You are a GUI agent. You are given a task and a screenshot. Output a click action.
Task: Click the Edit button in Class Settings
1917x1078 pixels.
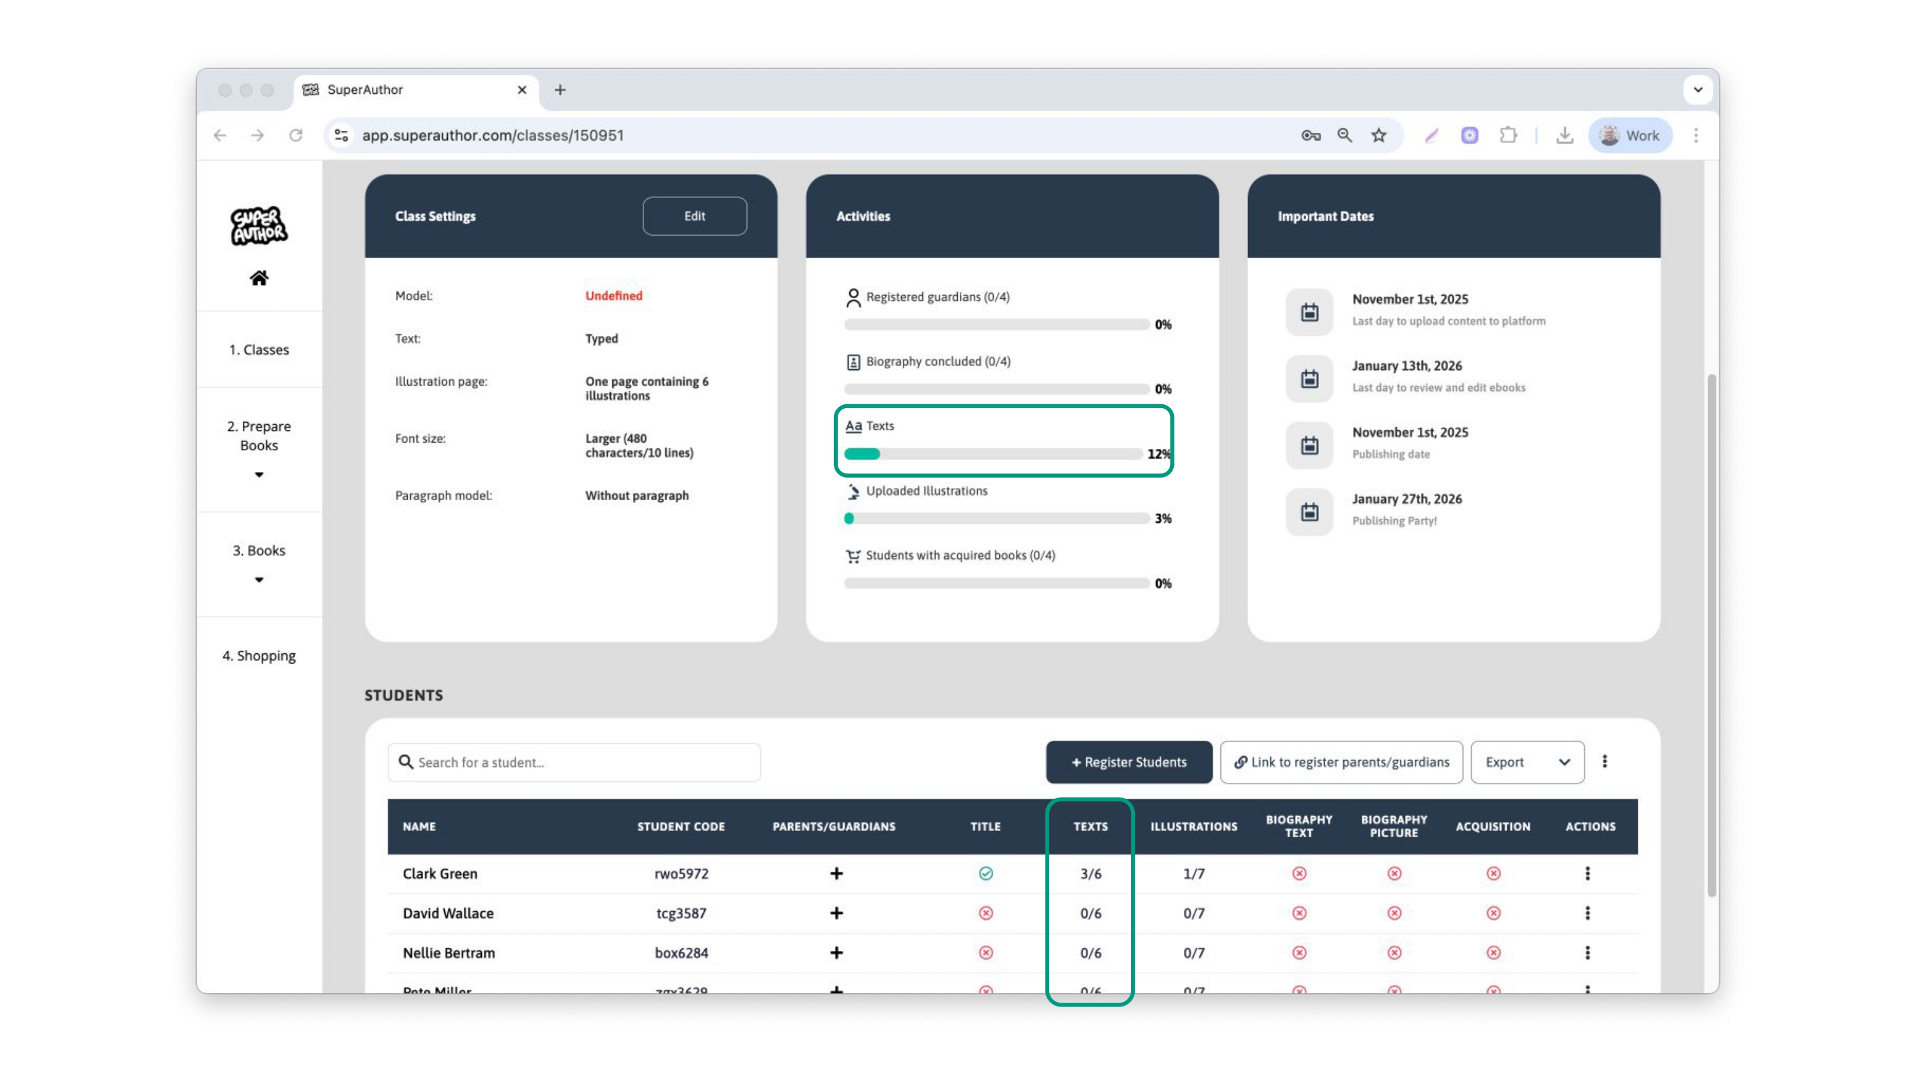695,216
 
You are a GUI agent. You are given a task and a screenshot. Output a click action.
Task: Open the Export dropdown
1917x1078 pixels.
1527,762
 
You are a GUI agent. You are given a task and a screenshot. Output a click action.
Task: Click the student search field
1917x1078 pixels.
574,762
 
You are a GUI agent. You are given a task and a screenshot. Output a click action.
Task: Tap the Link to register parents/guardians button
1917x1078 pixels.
1341,762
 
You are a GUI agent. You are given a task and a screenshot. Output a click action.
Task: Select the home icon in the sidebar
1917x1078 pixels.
259,278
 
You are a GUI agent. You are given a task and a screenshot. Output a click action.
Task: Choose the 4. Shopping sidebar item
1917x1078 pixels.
259,655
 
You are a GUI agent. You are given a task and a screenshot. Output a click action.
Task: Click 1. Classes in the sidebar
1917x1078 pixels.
259,350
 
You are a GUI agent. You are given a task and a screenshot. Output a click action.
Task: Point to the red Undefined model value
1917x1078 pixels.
613,295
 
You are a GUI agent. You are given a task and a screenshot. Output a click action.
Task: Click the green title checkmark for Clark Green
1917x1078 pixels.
985,874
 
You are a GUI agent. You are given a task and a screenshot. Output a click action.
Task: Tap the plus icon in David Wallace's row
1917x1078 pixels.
836,913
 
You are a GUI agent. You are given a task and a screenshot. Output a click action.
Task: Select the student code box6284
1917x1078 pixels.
681,952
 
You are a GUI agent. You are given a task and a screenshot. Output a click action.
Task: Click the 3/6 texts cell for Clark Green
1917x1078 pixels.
1090,874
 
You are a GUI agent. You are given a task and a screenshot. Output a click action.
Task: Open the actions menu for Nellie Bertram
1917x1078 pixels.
1587,952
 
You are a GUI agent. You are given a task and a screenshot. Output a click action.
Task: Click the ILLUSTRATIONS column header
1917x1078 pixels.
1194,826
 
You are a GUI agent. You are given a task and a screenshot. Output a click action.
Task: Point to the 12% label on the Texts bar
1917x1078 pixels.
1158,454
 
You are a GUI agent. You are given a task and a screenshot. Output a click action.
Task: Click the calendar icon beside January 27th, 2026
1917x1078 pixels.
1309,512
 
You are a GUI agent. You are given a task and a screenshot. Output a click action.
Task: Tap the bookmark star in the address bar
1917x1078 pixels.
1379,135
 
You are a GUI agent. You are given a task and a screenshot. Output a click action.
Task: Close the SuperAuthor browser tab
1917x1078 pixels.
521,90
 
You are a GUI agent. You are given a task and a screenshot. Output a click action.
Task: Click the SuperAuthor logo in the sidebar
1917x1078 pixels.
258,225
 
